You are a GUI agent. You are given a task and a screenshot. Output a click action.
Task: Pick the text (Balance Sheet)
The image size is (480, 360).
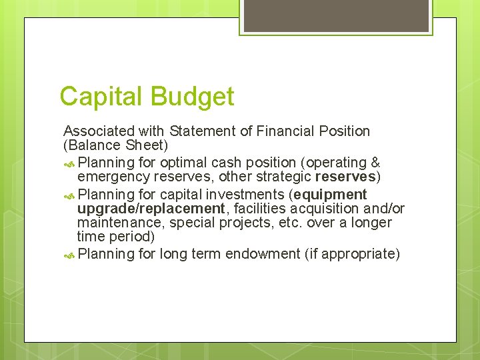point(115,145)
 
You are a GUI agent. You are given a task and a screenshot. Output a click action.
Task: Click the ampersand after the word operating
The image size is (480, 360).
point(375,163)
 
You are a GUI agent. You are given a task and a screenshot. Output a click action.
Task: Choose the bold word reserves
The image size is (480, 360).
point(345,177)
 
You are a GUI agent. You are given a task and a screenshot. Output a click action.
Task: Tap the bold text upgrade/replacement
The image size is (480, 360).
point(151,209)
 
